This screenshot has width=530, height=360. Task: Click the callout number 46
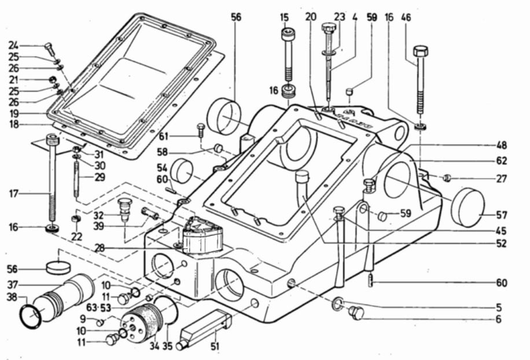tap(406, 17)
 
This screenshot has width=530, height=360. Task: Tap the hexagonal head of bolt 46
tap(421, 52)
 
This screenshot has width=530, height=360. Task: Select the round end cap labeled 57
tap(468, 207)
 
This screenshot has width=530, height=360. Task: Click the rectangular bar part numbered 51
tap(204, 329)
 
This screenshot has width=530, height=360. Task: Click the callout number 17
tap(14, 194)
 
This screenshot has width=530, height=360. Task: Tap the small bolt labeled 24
tap(50, 49)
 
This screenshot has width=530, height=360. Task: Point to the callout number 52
tap(502, 243)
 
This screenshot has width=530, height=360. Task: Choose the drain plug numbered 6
tap(356, 313)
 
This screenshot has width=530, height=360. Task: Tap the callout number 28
tap(100, 248)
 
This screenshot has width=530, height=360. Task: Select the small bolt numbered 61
tap(200, 130)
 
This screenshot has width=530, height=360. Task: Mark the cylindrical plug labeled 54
tap(182, 171)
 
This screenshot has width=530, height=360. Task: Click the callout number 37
tap(13, 285)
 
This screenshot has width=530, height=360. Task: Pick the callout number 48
tap(502, 145)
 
